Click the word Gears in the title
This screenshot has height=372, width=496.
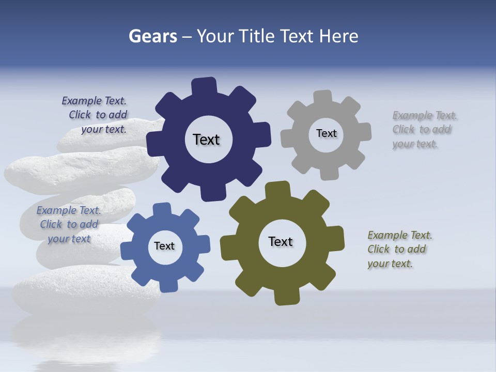tap(152, 36)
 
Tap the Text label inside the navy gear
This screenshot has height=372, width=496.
tap(206, 139)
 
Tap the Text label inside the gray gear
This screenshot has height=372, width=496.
tap(326, 133)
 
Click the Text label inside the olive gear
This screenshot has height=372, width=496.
tap(281, 242)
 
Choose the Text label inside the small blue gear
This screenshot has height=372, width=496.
tap(164, 246)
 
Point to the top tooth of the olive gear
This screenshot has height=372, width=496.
tap(277, 189)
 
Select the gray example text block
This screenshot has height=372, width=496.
tap(423, 130)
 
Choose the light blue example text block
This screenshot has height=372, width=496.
tap(69, 225)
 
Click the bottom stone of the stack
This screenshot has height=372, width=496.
tap(83, 289)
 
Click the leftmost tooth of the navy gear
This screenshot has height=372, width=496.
tap(153, 142)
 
